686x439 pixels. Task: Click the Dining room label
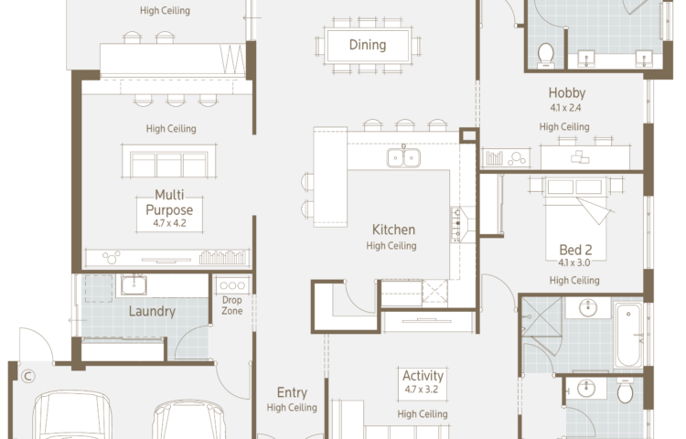[368, 45]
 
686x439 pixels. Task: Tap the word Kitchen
[393, 230]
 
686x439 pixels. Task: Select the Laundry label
[152, 311]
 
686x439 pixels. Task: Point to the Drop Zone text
[232, 305]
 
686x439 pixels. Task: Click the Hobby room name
[566, 92]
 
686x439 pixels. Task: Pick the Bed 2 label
[575, 250]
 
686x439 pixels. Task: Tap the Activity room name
[423, 376]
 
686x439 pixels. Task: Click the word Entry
[292, 392]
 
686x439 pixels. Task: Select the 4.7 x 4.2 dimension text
[169, 223]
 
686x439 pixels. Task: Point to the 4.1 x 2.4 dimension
[565, 108]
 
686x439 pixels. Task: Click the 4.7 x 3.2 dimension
[421, 389]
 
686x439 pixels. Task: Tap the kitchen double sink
[403, 157]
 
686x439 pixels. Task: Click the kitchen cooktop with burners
[456, 224]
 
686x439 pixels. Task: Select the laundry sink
[134, 285]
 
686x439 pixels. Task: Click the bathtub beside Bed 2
[628, 335]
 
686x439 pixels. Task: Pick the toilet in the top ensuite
[545, 55]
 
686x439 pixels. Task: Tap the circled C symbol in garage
[28, 376]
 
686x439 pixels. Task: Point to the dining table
[368, 46]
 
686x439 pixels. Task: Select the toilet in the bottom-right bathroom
[625, 391]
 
